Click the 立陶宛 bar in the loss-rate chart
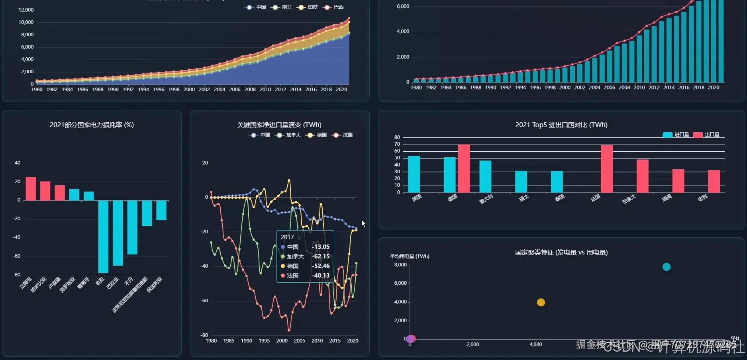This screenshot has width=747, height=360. point(31,189)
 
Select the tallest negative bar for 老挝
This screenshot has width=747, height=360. point(103,237)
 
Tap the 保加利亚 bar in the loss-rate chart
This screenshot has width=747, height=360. point(161,210)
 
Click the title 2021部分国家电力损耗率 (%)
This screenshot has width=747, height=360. point(92,125)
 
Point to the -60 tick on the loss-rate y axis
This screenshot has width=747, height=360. point(17,256)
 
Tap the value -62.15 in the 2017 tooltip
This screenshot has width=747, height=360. point(320,256)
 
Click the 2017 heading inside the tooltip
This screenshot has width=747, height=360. point(287,237)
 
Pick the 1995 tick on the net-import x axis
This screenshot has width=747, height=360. point(264,341)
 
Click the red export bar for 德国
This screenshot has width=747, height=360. point(464,168)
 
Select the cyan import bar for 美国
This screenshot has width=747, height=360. point(414,174)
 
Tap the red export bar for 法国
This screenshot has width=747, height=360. point(607,169)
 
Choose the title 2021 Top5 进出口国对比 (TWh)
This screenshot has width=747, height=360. point(561,125)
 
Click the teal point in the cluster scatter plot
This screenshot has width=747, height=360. point(667,267)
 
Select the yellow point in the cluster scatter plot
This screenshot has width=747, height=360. point(541,302)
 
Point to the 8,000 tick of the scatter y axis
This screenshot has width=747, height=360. point(400,265)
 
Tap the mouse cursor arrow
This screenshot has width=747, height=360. point(363,223)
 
